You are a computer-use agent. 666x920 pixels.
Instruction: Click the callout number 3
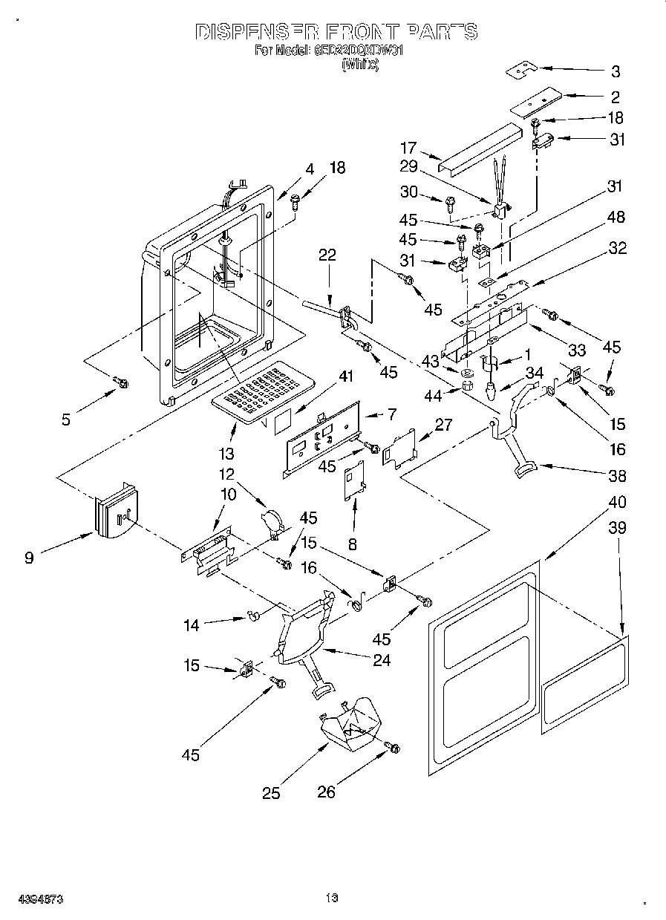coord(616,72)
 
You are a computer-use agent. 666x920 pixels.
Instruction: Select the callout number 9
coord(29,557)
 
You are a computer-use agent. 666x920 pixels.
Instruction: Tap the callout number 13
coord(226,454)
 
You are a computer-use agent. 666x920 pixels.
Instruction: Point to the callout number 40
coord(616,503)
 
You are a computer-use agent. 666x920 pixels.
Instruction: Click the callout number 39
coord(616,529)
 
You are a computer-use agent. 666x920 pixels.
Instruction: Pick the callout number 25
coord(271,793)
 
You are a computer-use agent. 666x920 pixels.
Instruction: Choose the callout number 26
coord(327,793)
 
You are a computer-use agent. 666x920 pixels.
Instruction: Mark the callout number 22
coord(327,255)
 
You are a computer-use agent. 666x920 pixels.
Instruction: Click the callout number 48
coord(616,218)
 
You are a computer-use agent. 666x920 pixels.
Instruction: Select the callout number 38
coord(616,477)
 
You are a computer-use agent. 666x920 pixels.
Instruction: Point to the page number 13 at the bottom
coord(332,898)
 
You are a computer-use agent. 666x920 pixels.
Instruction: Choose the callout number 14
coord(192,626)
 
